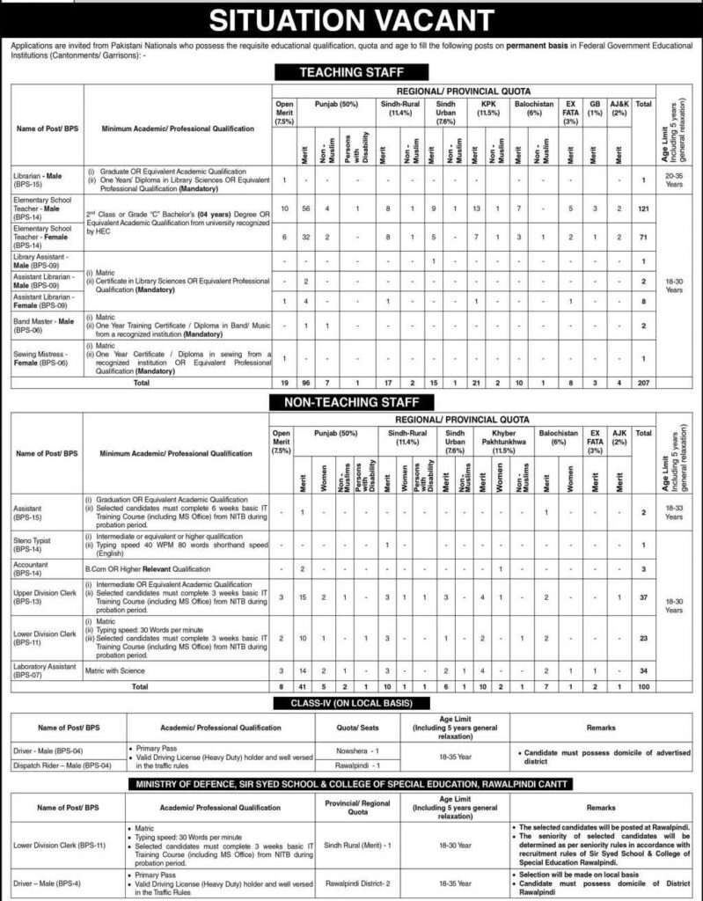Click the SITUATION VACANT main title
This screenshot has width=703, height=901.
(x=351, y=19)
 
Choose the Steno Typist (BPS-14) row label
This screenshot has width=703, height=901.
(x=33, y=546)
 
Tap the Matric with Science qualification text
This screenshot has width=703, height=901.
(x=120, y=670)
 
